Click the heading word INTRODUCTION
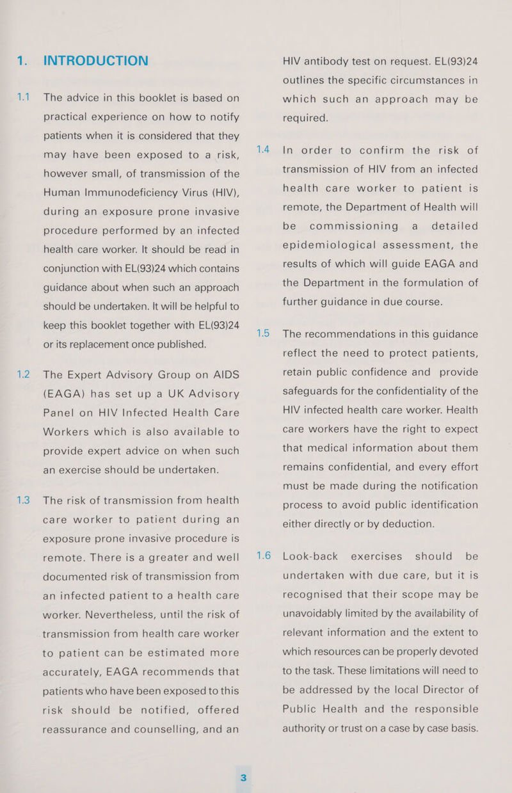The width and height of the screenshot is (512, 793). click(95, 61)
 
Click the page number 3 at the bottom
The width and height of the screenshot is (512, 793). click(244, 776)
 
